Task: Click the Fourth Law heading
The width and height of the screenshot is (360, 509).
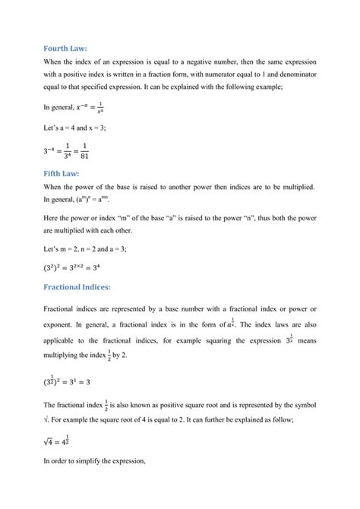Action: point(65,47)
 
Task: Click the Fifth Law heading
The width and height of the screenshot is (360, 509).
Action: point(62,173)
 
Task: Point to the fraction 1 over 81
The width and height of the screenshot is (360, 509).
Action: point(85,152)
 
